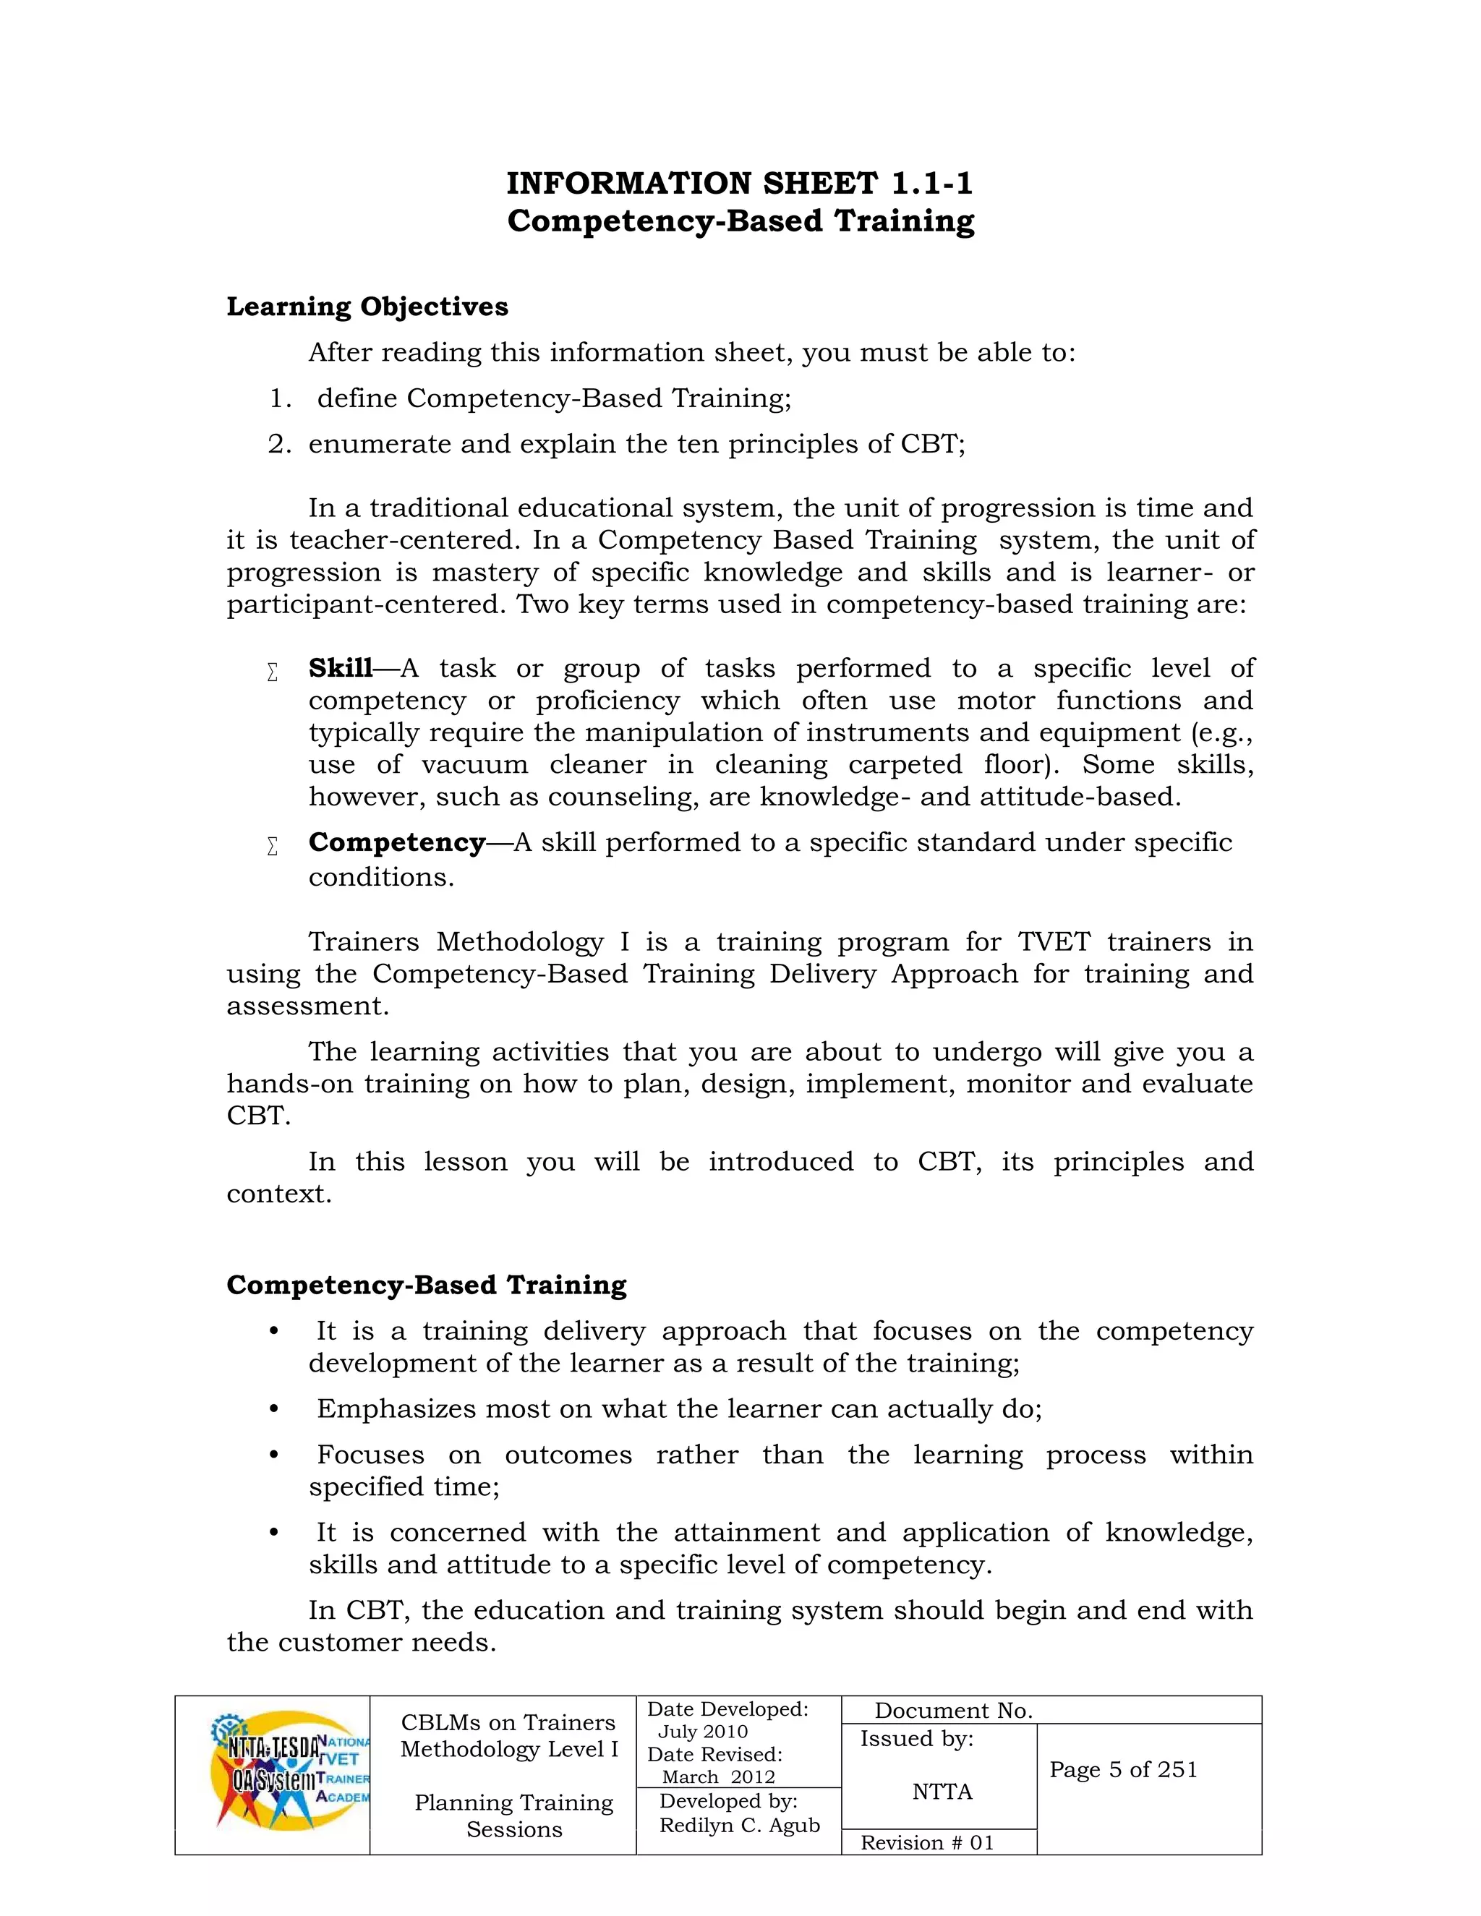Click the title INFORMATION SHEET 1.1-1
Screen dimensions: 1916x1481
740,184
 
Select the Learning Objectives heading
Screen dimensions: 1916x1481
367,307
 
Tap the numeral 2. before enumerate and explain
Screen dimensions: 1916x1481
279,445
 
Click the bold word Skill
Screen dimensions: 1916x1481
341,669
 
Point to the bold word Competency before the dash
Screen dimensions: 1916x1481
396,842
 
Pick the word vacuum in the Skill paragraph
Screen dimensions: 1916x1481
474,765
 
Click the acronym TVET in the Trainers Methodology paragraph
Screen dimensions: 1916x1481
1053,942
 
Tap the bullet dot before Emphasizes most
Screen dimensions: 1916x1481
274,1410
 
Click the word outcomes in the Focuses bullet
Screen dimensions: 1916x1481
568,1455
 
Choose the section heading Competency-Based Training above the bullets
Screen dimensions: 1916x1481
427,1286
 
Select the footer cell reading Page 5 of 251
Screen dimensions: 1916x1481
1123,1769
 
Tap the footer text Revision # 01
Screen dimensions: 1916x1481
926,1842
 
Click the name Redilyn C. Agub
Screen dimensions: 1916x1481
739,1826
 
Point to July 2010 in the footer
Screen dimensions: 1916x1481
702,1732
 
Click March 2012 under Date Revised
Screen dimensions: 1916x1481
717,1777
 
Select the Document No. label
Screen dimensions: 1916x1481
953,1711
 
